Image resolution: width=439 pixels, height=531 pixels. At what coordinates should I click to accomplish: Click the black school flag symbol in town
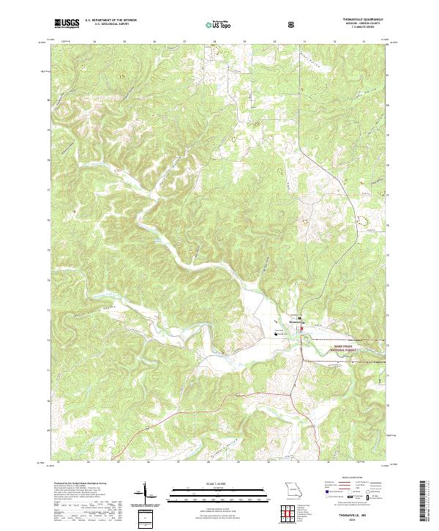click(277, 333)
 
